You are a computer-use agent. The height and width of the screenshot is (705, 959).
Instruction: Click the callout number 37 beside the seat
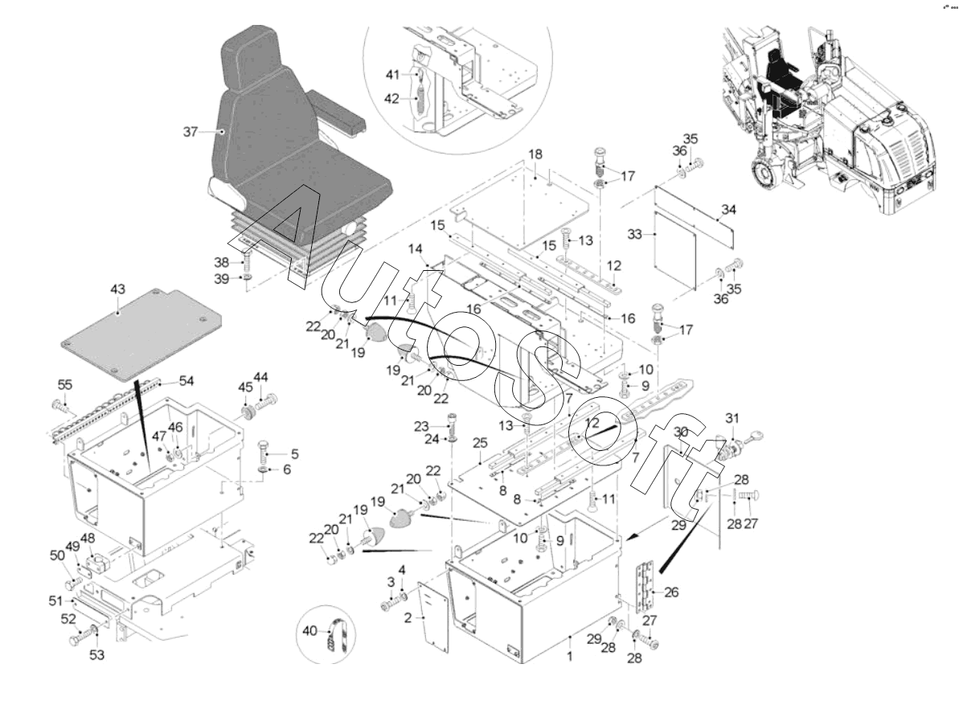[190, 132]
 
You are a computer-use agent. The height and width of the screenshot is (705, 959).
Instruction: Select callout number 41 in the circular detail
[391, 75]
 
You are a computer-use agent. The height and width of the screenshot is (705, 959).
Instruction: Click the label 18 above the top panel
[535, 153]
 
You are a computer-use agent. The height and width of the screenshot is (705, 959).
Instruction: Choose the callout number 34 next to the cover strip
[727, 210]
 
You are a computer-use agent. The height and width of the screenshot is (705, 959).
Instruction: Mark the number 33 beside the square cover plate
[636, 236]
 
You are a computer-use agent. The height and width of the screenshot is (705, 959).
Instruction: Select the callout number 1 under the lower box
[570, 657]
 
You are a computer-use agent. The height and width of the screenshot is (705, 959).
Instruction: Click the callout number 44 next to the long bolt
[261, 378]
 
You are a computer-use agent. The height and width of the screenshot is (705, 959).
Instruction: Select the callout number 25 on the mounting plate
[481, 444]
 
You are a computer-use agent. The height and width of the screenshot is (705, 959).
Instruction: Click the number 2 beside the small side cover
[408, 617]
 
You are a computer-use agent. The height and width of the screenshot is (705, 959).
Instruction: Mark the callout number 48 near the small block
[87, 539]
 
